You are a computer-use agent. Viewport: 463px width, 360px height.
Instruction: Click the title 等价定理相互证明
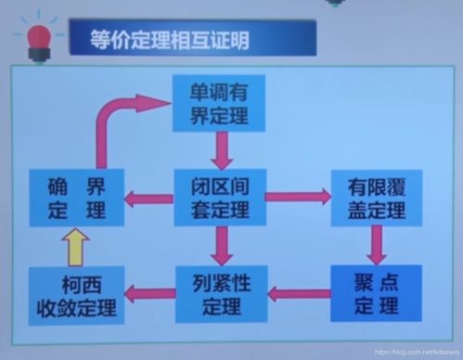point(171,40)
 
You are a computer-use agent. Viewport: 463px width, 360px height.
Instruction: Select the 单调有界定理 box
point(220,101)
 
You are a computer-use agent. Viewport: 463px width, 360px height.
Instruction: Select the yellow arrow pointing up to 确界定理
point(77,248)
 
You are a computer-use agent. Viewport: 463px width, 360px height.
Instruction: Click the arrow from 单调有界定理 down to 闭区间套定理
point(220,149)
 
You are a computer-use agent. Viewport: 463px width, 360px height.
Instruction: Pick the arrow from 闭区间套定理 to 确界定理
point(148,197)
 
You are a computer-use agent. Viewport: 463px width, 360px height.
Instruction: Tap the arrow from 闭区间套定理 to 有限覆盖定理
point(297,196)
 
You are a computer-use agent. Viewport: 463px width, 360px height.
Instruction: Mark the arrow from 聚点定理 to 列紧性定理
point(299,294)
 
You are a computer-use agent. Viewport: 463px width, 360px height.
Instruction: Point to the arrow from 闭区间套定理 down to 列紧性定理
point(220,245)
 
